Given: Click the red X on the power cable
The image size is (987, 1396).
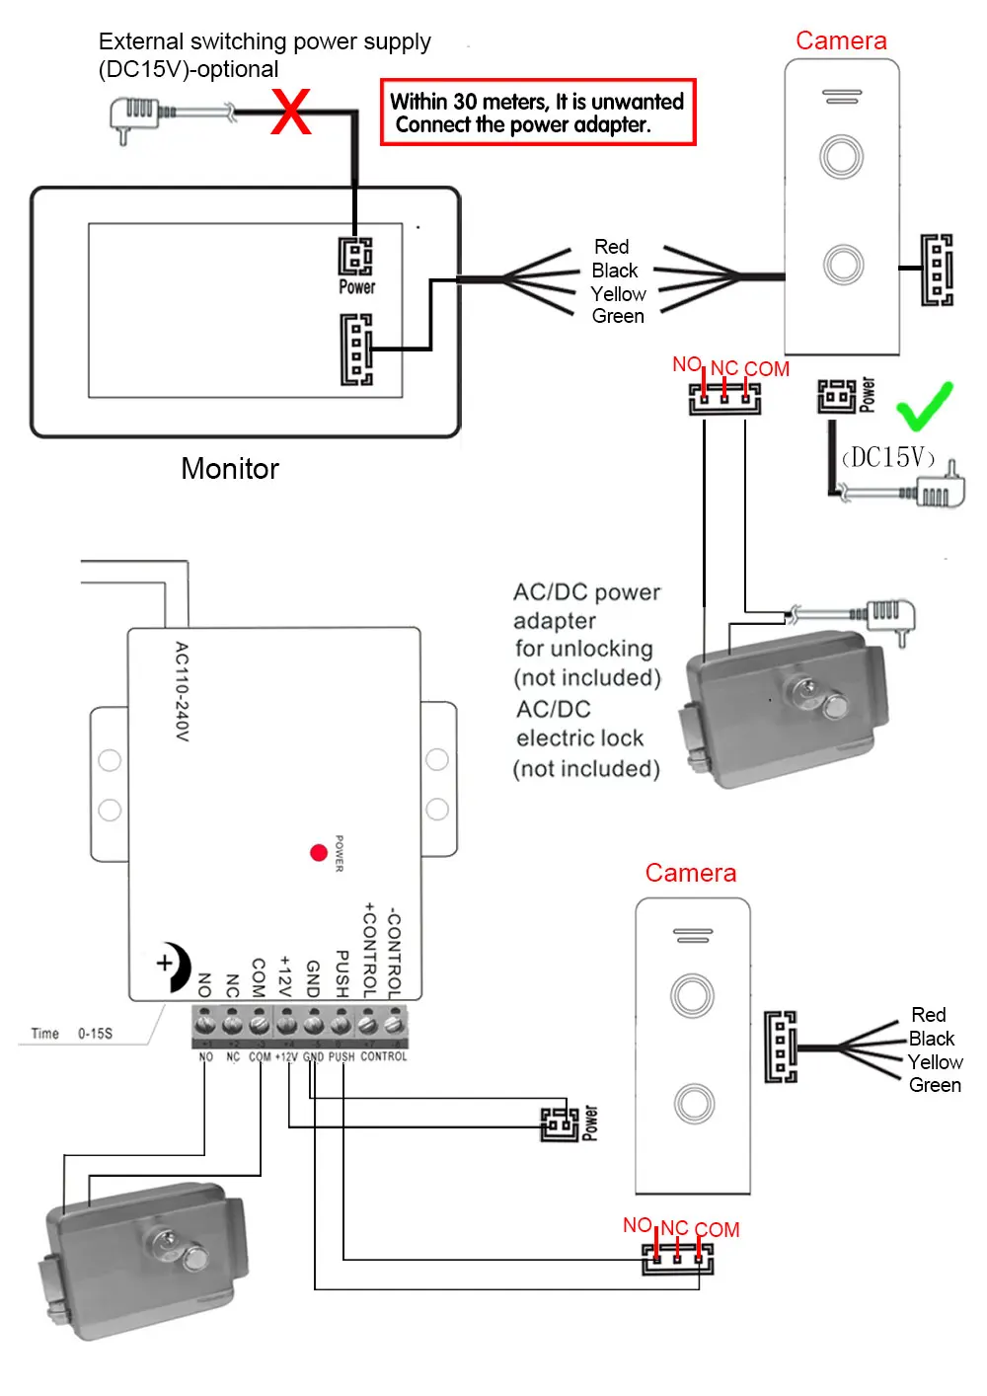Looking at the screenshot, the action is coord(290,112).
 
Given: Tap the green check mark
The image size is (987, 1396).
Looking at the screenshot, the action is coord(924,407).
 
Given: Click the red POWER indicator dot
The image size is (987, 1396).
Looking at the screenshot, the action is coord(319,853).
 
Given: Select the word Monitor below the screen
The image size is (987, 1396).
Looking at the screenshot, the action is coord(230,469).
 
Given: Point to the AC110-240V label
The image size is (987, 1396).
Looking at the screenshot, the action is coord(182,691).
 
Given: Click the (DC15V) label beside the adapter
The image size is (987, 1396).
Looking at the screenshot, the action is coord(887,457).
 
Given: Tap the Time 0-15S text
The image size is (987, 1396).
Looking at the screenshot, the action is coord(72,1034).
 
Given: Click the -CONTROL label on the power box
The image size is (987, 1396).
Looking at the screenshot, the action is coord(394,953).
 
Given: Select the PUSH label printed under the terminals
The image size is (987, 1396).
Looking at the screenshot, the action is coord(342,1056).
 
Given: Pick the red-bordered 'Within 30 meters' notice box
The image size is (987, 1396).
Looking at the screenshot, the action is coord(538,113).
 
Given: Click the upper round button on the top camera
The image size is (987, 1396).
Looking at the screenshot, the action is coord(841,156).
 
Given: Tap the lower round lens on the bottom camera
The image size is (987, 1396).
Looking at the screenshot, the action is coord(694,1104).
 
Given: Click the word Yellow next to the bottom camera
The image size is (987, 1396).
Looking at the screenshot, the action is coord(935,1062).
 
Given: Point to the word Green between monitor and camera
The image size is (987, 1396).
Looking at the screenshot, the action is coord(618,316).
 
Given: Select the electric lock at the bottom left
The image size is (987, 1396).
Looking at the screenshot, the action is coord(143,1262).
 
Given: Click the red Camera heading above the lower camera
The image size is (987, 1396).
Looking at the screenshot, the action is coord(690,873).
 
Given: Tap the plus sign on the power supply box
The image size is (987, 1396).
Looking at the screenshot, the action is coord(164,963).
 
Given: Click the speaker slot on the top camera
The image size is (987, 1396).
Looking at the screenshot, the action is coord(842,97).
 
